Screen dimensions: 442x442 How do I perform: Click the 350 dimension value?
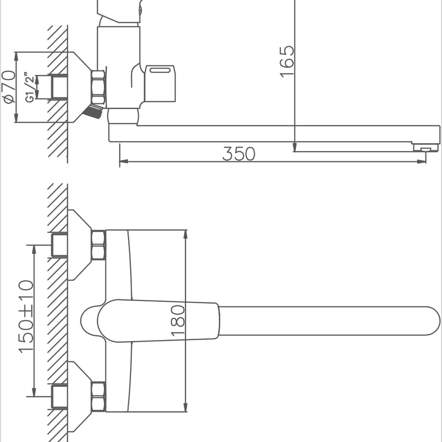(238, 154)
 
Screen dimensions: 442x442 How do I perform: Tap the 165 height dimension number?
(287, 62)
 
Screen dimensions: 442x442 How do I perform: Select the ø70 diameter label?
(8, 87)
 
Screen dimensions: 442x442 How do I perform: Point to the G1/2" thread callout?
(30, 87)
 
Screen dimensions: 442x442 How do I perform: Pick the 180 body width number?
(178, 321)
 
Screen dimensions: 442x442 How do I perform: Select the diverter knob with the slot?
(160, 83)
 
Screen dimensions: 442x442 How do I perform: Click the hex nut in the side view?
(99, 87)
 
